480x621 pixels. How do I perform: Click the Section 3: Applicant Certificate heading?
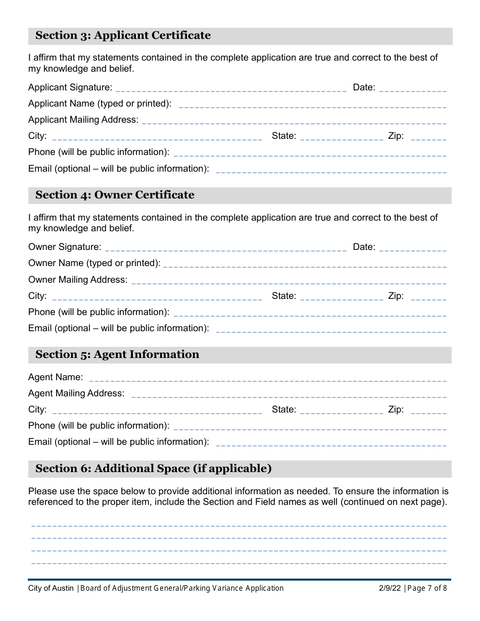tap(123, 35)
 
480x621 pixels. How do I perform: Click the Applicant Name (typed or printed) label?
tap(100, 103)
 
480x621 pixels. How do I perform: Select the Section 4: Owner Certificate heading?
tap(115, 195)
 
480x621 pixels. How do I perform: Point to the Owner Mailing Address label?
tap(78, 280)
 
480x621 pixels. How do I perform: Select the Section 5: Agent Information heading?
tap(117, 354)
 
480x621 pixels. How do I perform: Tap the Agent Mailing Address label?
tap(76, 393)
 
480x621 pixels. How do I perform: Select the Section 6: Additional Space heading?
tap(154, 469)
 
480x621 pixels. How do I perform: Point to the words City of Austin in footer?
tap(51, 588)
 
